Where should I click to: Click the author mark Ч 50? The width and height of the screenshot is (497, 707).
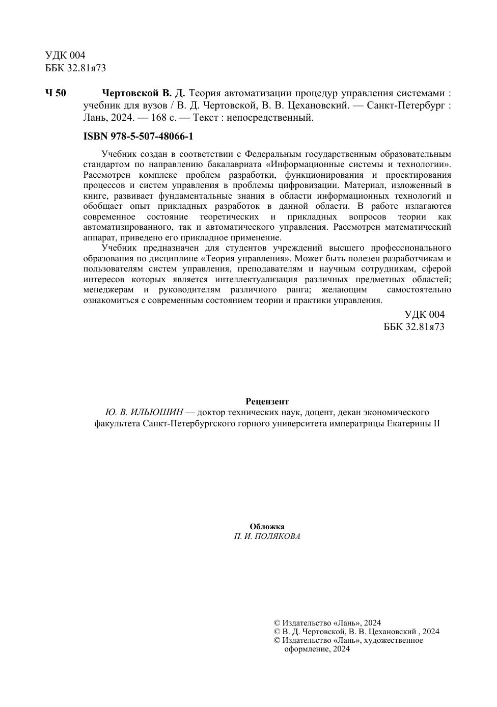56,93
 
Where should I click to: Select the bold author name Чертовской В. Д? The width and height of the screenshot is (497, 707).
144,93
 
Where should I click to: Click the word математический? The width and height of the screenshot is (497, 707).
418,227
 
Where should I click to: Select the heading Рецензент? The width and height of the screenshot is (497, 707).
267,401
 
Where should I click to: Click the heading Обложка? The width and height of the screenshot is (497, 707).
267,527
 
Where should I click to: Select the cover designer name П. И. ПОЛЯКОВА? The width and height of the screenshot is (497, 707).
267,536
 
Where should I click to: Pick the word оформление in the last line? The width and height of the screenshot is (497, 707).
305,649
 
